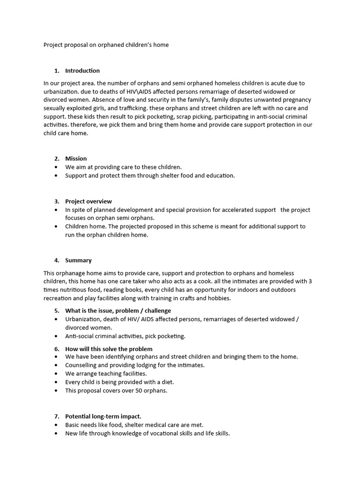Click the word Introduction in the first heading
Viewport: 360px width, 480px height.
[82, 71]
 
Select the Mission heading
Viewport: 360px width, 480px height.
[76, 158]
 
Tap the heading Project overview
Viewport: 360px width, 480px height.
[88, 201]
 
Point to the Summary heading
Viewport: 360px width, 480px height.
[78, 260]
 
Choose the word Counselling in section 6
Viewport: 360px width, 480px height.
[82, 365]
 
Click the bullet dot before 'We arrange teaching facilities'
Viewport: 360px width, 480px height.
[57, 374]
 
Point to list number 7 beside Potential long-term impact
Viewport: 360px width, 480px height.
[56, 416]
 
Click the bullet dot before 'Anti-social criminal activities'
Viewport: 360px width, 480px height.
[57, 336]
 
